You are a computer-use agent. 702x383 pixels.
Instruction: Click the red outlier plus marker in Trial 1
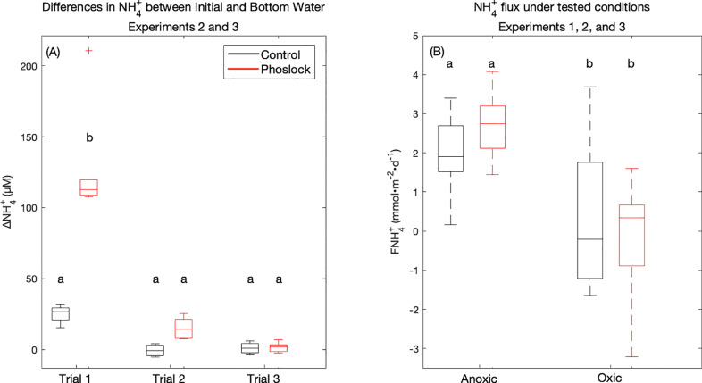[x=89, y=51]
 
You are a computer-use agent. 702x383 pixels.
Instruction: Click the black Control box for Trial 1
[x=60, y=313]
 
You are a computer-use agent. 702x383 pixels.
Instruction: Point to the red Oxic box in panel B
[x=631, y=235]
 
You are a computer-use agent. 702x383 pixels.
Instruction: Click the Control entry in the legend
[x=280, y=54]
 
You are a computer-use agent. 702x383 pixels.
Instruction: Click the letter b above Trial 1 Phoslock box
[x=89, y=137]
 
